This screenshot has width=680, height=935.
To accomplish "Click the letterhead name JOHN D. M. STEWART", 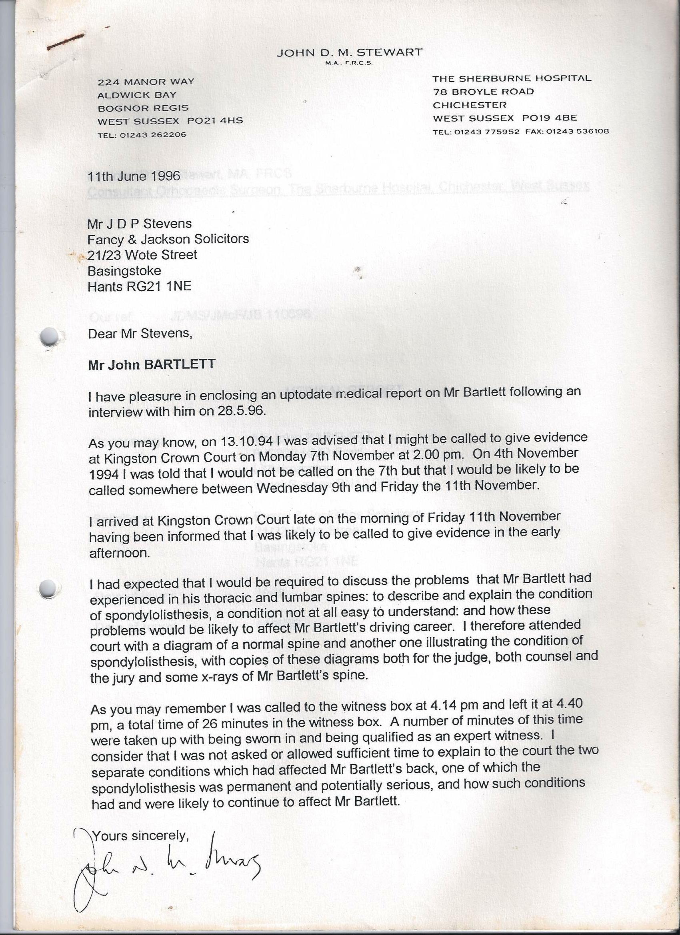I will tap(349, 53).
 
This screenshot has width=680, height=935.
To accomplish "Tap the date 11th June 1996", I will tap(134, 176).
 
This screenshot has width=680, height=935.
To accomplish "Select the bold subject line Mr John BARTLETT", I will tap(152, 364).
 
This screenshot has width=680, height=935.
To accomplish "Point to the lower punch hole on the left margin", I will tap(49, 588).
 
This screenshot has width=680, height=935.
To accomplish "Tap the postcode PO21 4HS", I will tap(215, 121).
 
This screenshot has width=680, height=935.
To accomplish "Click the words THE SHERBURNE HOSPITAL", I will tap(512, 78).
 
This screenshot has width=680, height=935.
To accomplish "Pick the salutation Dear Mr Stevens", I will tap(140, 333).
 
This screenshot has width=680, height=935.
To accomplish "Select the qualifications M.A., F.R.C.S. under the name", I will tap(349, 64).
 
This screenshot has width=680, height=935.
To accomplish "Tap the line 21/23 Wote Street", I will tap(142, 255).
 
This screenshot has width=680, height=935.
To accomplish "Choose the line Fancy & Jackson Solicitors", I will tap(168, 239).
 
